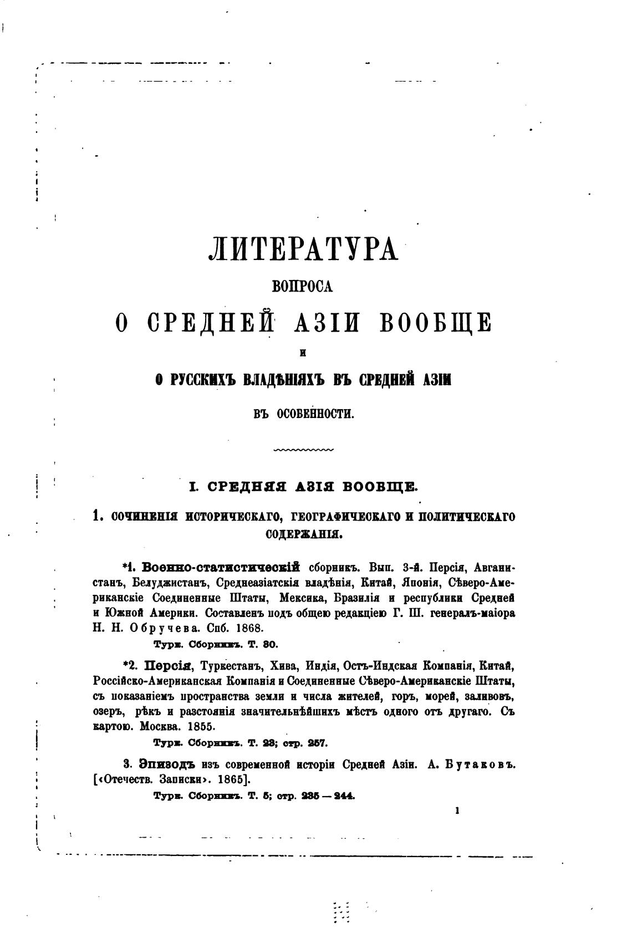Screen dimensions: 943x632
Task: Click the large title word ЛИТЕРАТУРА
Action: pyautogui.click(x=303, y=249)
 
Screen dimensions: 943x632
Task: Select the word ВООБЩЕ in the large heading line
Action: pyautogui.click(x=435, y=322)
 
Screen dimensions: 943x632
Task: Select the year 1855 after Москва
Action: pyautogui.click(x=205, y=726)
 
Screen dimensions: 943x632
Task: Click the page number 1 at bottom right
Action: pyautogui.click(x=457, y=811)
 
